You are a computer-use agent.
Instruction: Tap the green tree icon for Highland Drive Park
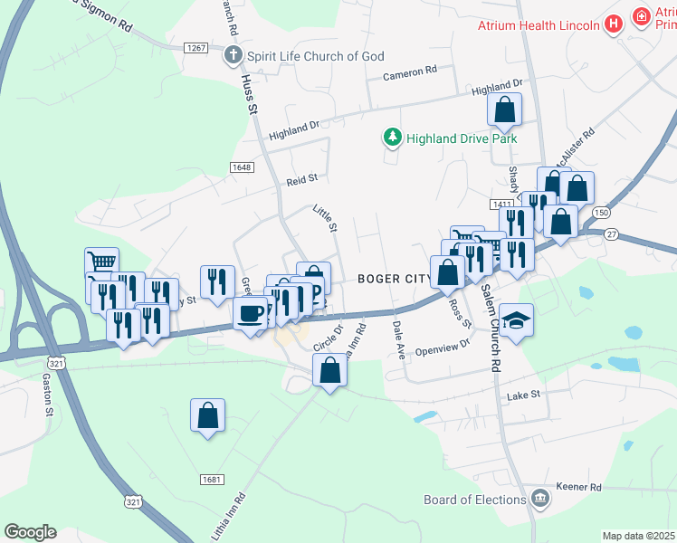tap(392, 138)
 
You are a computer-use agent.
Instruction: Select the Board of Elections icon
tap(540, 499)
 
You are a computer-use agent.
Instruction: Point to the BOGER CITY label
tap(394, 278)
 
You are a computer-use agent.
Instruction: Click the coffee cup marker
tap(250, 313)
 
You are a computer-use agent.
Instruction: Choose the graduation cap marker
tap(516, 320)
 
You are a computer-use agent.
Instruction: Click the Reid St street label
tap(302, 179)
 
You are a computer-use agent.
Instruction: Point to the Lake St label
tap(523, 395)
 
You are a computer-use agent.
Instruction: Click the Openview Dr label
tap(443, 346)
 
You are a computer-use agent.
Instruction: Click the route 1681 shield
tap(210, 478)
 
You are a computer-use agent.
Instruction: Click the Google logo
tap(30, 532)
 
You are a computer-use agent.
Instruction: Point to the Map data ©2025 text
tap(638, 536)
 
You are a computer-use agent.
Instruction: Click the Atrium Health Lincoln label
tap(539, 24)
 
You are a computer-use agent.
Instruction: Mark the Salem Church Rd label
tap(491, 328)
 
